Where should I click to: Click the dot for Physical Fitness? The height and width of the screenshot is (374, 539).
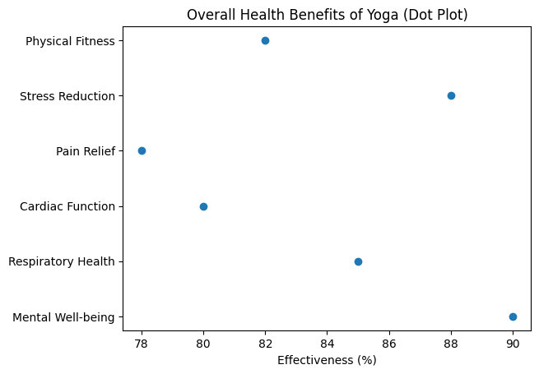point(265,40)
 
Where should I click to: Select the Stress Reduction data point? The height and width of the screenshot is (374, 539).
point(451,95)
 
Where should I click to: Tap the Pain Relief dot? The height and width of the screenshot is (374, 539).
point(142,150)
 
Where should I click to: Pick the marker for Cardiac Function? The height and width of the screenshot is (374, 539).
point(203,206)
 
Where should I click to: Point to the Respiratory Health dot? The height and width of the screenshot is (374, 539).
point(358,261)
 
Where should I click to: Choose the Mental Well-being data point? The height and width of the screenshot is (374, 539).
point(513,316)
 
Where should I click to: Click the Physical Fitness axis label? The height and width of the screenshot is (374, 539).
point(70,41)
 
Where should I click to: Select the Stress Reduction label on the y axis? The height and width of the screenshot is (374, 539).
point(67,96)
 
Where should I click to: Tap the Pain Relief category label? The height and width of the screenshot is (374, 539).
point(85,151)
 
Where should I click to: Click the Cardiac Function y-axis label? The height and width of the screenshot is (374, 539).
point(67,206)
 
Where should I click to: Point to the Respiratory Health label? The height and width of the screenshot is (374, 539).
point(61,261)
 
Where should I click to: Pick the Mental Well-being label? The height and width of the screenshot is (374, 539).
point(63,317)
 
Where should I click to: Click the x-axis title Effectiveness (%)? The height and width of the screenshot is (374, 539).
point(327,359)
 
